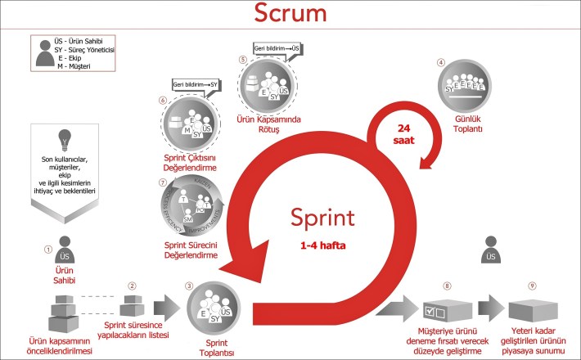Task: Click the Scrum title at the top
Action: (290, 13)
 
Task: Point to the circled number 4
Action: (441, 62)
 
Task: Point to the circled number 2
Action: (131, 286)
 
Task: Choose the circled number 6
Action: (163, 101)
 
